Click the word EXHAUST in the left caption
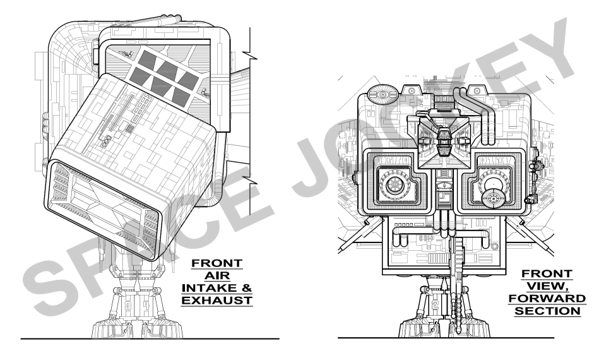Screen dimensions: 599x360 pyautogui.click(x=216, y=301)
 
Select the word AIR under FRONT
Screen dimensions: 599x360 pyautogui.click(x=217, y=275)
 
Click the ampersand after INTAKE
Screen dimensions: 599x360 pyautogui.click(x=246, y=288)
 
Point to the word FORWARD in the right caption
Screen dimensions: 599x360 pyautogui.click(x=547, y=299)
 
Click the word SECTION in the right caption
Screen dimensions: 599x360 pyautogui.click(x=547, y=311)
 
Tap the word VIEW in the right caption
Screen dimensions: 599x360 pyautogui.click(x=545, y=286)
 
